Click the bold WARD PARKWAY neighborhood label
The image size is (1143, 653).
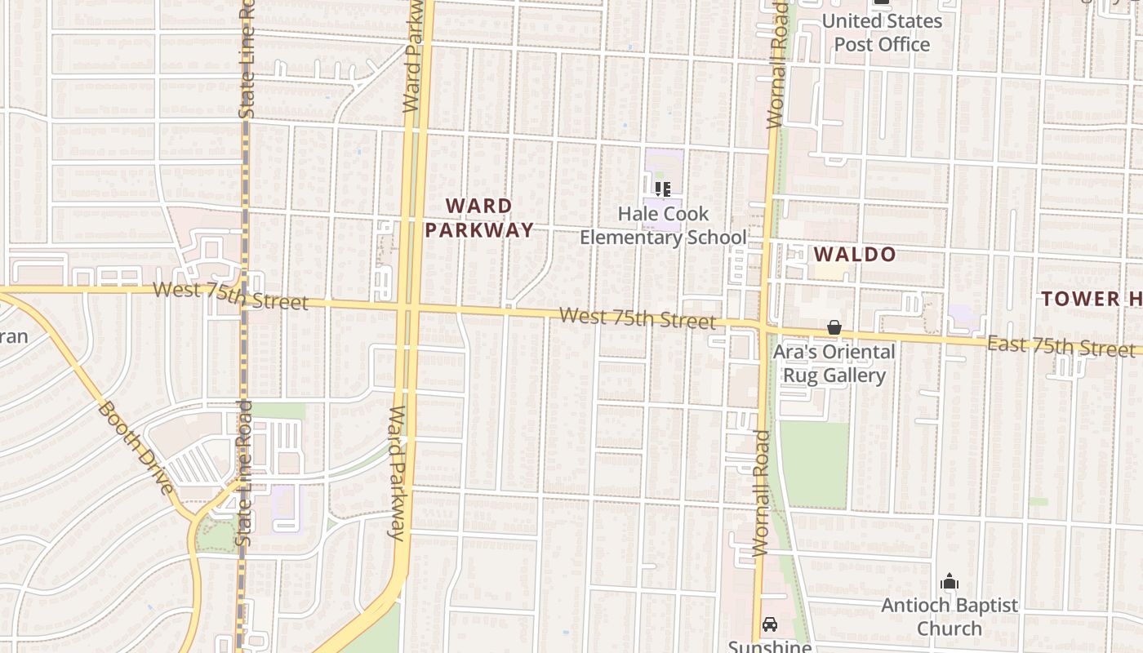479,218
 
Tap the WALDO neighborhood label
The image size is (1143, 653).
855,255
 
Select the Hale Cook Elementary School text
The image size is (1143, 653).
663,225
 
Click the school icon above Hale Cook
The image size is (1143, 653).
663,189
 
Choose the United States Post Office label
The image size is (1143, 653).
882,33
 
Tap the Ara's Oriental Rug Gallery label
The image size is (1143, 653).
834,363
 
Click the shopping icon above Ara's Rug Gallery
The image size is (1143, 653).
834,327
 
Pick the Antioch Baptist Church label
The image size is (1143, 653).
950,616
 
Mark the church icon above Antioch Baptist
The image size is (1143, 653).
949,582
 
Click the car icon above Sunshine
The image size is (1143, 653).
769,625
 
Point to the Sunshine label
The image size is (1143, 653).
769,646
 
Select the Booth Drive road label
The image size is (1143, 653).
136,446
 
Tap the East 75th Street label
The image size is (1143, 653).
1061,346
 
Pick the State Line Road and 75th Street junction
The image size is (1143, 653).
243,293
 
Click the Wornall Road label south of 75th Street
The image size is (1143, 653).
761,493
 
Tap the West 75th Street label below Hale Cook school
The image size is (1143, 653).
638,318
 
